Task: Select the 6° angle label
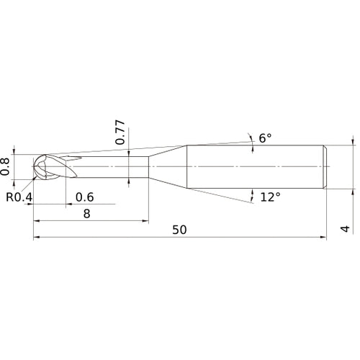point(266,138)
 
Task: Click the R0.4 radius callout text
point(19,197)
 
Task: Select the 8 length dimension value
point(86,213)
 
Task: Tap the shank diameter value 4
point(346,230)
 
